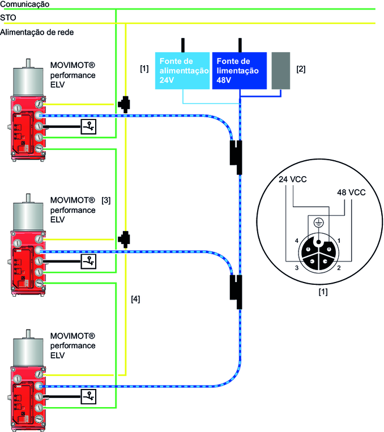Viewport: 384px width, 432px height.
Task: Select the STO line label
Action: click(8, 18)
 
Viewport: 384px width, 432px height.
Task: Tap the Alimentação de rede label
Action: click(37, 32)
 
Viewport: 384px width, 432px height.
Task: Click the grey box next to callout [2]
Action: click(280, 71)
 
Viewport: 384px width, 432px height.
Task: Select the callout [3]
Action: click(106, 200)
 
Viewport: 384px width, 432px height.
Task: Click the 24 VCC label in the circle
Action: click(293, 180)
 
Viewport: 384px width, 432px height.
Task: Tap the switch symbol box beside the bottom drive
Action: click(88, 396)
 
